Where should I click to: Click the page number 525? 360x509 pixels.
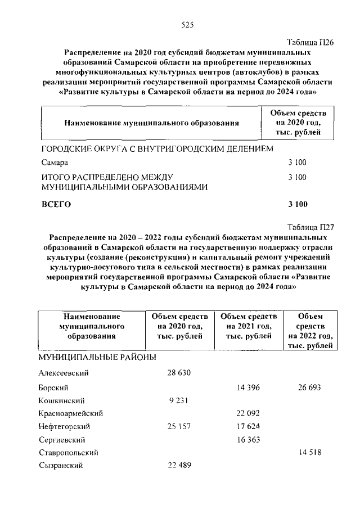point(187,24)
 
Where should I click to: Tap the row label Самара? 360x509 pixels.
point(55,163)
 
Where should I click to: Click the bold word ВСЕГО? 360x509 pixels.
point(56,204)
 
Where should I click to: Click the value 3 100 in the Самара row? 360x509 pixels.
point(296,163)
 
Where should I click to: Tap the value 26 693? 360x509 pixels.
point(310,388)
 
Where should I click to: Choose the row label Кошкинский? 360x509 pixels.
point(61,400)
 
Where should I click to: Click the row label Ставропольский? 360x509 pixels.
point(69,452)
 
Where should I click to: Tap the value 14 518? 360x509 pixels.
point(310,452)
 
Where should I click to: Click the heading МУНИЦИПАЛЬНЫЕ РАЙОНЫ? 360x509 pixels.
point(96,358)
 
